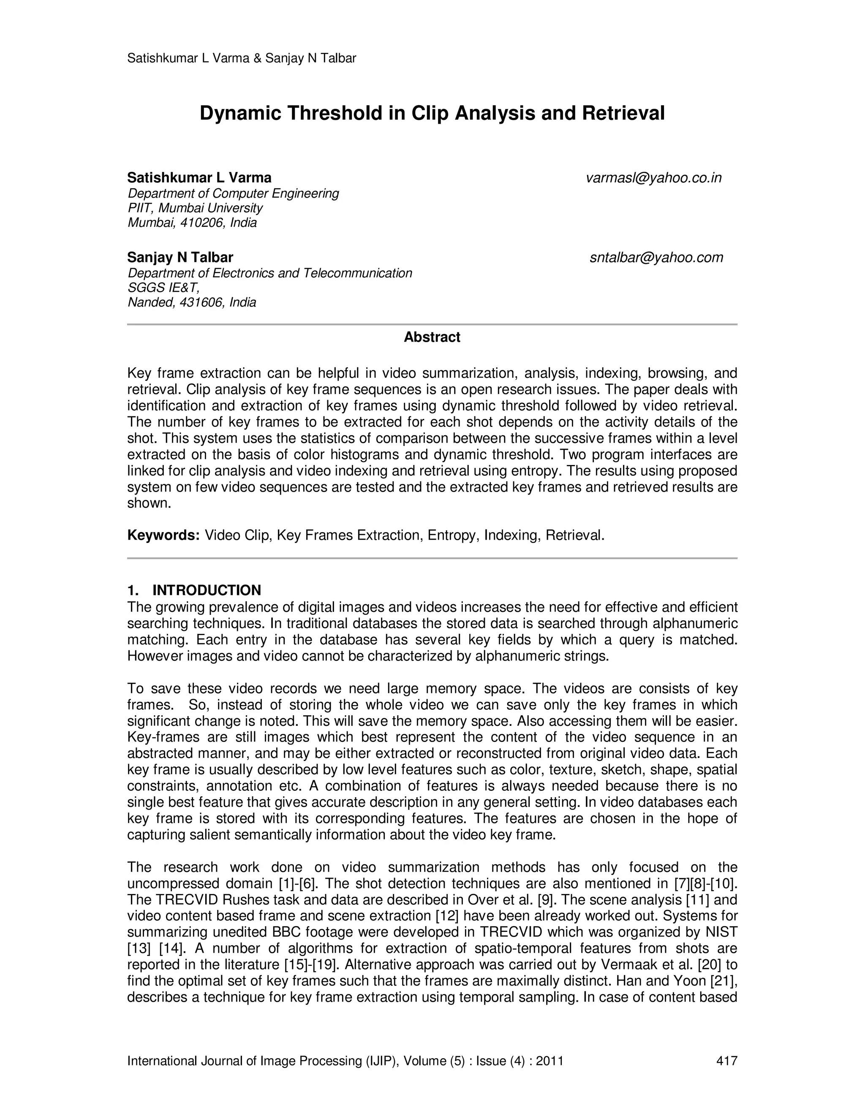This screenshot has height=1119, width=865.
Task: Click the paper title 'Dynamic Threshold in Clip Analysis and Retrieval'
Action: click(432, 113)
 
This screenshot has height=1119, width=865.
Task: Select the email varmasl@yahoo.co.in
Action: click(653, 178)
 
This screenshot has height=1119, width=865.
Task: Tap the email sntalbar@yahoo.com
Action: click(656, 257)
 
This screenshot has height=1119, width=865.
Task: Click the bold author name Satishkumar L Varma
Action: click(199, 178)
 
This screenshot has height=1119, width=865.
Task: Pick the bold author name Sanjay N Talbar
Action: click(180, 257)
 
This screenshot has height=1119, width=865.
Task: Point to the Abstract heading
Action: click(432, 337)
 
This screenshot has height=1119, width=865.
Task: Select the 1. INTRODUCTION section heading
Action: click(194, 590)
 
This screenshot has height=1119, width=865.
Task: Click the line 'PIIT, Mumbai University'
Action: click(195, 208)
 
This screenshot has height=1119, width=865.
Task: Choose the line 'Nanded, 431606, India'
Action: click(192, 302)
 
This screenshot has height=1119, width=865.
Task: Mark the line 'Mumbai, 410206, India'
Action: click(192, 223)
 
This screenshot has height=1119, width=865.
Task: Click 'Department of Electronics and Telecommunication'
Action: click(269, 273)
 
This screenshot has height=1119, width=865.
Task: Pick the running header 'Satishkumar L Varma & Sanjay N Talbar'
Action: click(241, 58)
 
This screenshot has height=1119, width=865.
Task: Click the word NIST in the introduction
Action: click(721, 932)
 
